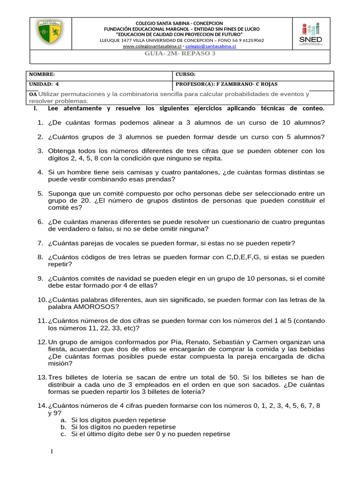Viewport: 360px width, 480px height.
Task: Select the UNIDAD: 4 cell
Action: (44, 84)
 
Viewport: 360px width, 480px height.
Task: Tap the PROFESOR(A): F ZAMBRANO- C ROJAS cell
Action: (226, 84)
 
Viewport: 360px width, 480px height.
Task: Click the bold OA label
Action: (33, 94)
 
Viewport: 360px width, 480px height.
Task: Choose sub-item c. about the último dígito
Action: (150, 435)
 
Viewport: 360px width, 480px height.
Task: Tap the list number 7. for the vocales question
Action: (40, 243)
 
